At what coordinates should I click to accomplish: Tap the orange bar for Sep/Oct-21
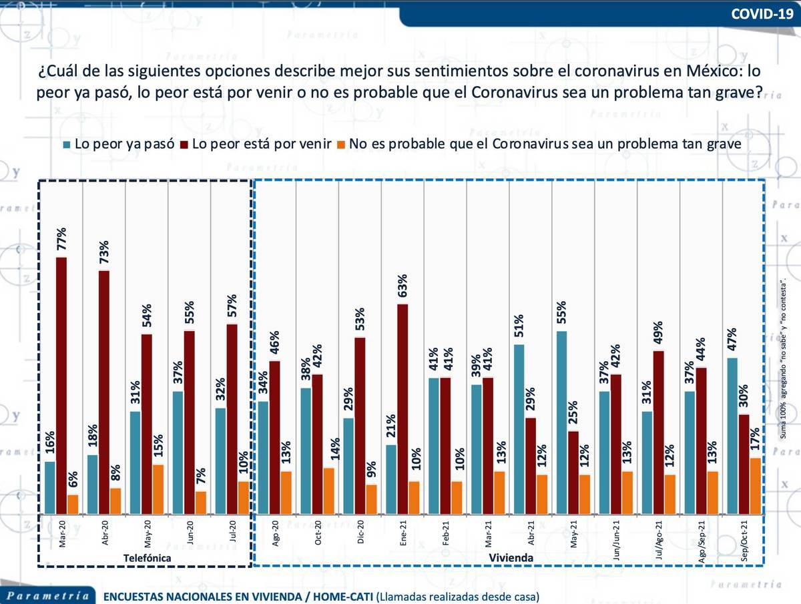(754, 486)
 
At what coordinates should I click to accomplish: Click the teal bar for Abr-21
(519, 429)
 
